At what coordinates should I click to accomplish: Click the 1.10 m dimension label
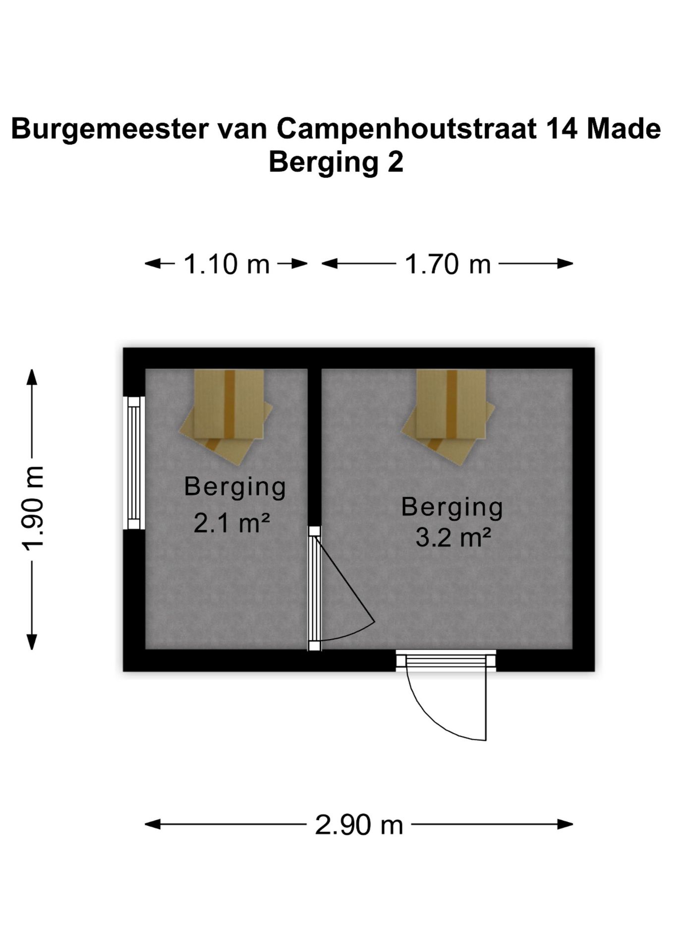(x=226, y=264)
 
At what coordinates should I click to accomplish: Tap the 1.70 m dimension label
(x=448, y=264)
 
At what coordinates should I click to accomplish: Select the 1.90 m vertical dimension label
(x=33, y=509)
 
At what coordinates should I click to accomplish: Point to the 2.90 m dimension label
(x=359, y=825)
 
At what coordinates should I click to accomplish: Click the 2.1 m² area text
(x=231, y=523)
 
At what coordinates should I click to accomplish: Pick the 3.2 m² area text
(x=453, y=537)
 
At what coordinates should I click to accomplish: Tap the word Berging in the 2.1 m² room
(x=235, y=488)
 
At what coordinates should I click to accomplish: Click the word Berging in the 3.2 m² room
(x=452, y=508)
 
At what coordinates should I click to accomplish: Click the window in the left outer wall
(x=134, y=463)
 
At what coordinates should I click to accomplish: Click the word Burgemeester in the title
(x=110, y=129)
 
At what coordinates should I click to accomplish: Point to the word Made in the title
(x=623, y=129)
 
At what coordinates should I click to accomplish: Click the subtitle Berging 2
(x=336, y=163)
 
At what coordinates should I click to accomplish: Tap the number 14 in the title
(x=561, y=129)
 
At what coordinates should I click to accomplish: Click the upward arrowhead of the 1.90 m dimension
(x=32, y=377)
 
